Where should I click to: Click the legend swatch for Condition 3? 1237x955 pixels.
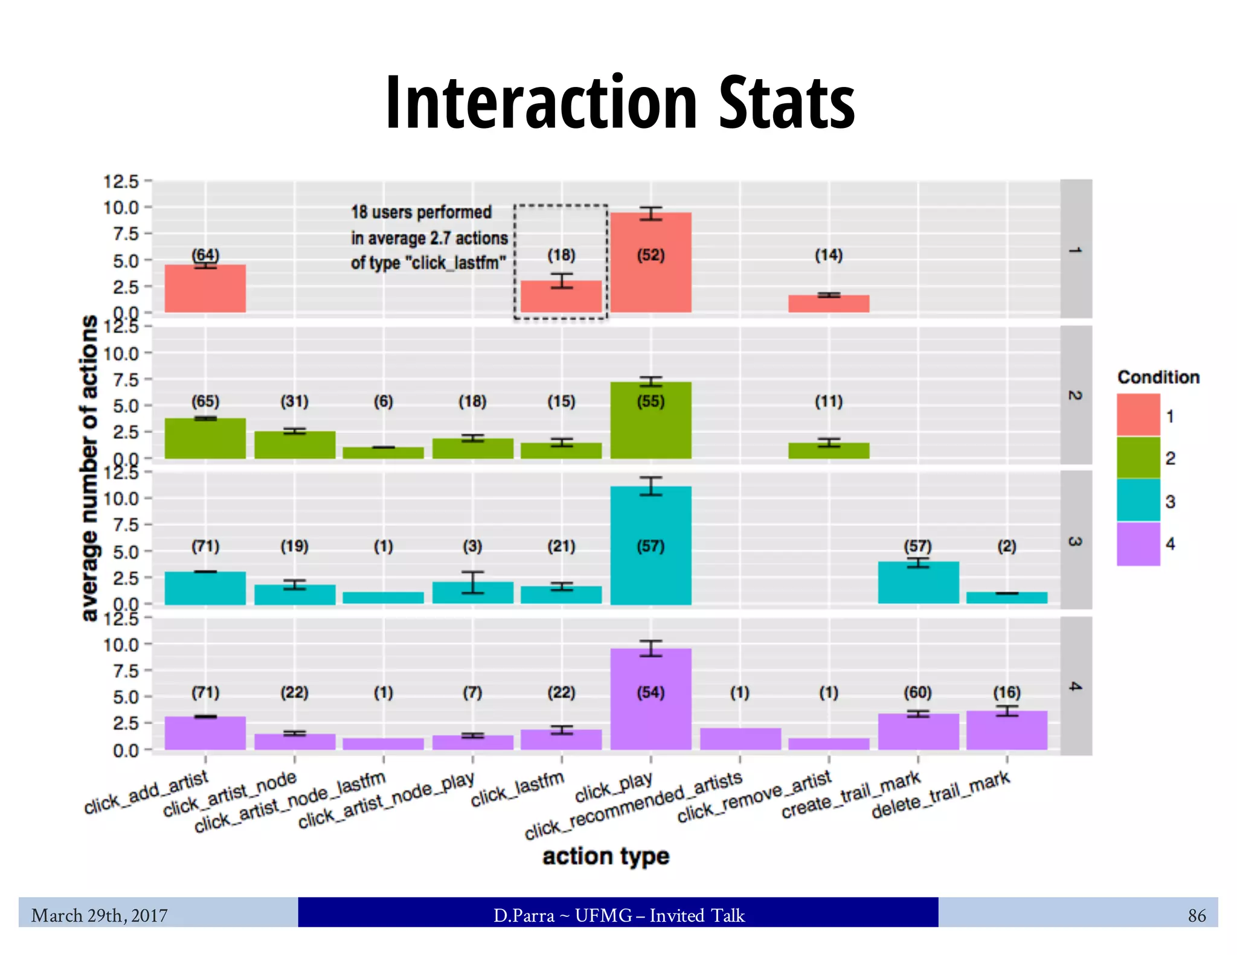pyautogui.click(x=1138, y=500)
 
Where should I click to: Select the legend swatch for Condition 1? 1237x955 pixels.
pyautogui.click(x=1138, y=415)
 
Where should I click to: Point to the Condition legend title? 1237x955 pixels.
pyautogui.click(x=1158, y=377)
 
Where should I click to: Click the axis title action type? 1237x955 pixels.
pyautogui.click(x=606, y=857)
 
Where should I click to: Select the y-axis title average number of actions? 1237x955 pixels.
pyautogui.click(x=89, y=468)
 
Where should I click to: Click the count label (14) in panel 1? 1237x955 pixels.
pyautogui.click(x=828, y=255)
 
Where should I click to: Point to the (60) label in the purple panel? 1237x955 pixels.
pyautogui.click(x=917, y=692)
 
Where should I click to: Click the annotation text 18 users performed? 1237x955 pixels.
pyautogui.click(x=422, y=212)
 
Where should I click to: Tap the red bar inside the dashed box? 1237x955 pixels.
pyautogui.click(x=561, y=297)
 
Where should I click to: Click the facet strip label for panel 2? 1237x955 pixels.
pyautogui.click(x=1075, y=395)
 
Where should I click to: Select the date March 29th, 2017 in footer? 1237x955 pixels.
pyautogui.click(x=100, y=916)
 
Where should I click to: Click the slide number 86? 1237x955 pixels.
pyautogui.click(x=1196, y=916)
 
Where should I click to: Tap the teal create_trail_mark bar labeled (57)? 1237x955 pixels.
pyautogui.click(x=917, y=583)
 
